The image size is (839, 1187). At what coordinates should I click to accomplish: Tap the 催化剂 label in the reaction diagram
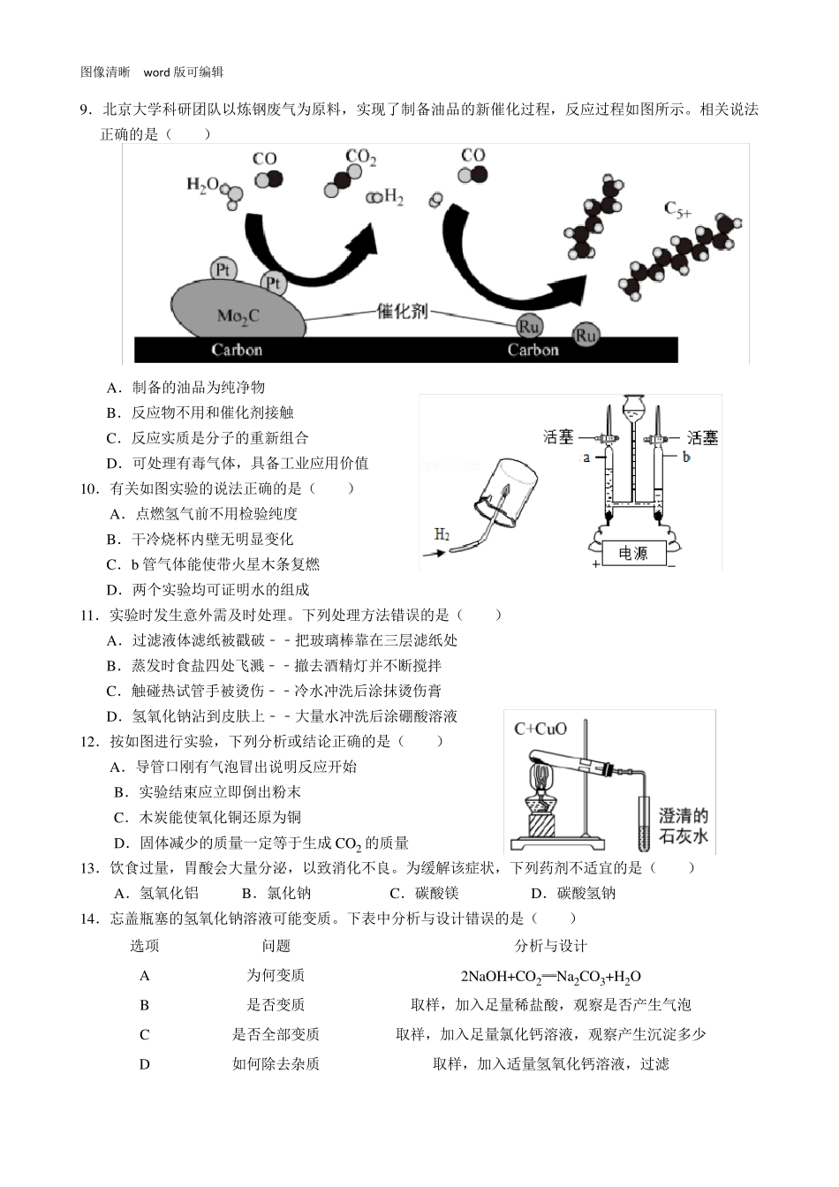(x=402, y=311)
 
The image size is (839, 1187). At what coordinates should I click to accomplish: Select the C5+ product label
(x=678, y=209)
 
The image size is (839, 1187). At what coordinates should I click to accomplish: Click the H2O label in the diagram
(x=202, y=185)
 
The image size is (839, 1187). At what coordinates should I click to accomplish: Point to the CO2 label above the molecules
(x=360, y=157)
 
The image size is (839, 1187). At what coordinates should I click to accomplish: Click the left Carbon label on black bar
(x=237, y=350)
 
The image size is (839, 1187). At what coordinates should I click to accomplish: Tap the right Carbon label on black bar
(x=533, y=350)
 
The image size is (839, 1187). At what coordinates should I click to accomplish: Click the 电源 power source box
(x=632, y=554)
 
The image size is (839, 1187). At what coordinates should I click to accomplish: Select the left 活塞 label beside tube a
(x=558, y=436)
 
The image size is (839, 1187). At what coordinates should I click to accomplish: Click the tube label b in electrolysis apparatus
(x=686, y=457)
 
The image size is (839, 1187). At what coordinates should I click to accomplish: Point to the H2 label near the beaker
(x=442, y=534)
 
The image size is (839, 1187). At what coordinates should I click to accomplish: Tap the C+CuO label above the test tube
(x=540, y=729)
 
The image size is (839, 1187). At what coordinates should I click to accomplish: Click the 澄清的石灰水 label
(x=684, y=825)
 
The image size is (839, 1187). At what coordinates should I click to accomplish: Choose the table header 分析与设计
(x=550, y=946)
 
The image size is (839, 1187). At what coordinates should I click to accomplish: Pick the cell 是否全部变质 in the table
(x=276, y=1034)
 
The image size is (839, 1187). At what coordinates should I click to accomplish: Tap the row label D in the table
(x=145, y=1064)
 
